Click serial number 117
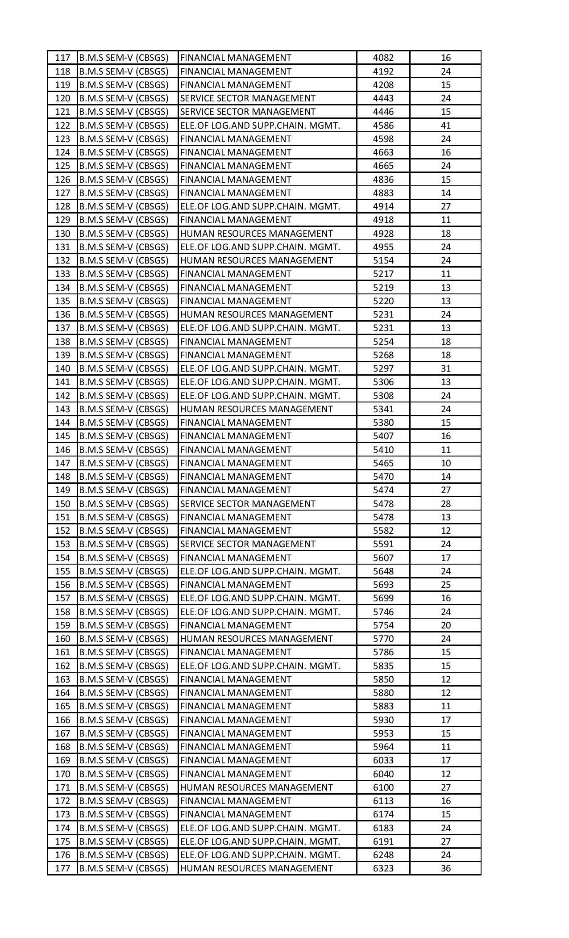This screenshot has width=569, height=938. coord(62,58)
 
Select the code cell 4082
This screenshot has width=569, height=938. coord(383,58)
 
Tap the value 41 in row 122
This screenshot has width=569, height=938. coord(445,126)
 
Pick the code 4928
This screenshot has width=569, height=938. coord(383,234)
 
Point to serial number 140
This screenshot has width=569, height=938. coord(62,368)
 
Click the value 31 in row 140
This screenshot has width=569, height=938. coord(445,368)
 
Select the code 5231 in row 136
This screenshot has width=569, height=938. coord(383,314)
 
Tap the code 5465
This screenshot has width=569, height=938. coord(383,463)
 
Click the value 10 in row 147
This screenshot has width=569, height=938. coord(445,463)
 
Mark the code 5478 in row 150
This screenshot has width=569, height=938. coord(383,504)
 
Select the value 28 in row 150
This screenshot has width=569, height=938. coord(445,504)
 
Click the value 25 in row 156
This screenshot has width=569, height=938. coord(445,585)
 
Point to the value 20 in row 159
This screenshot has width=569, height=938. coord(445,625)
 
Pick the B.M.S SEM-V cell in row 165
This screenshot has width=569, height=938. coord(124,706)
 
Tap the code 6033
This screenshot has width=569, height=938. coord(383,760)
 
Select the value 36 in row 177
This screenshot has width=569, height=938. coord(445,868)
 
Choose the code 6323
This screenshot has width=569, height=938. coord(383,868)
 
